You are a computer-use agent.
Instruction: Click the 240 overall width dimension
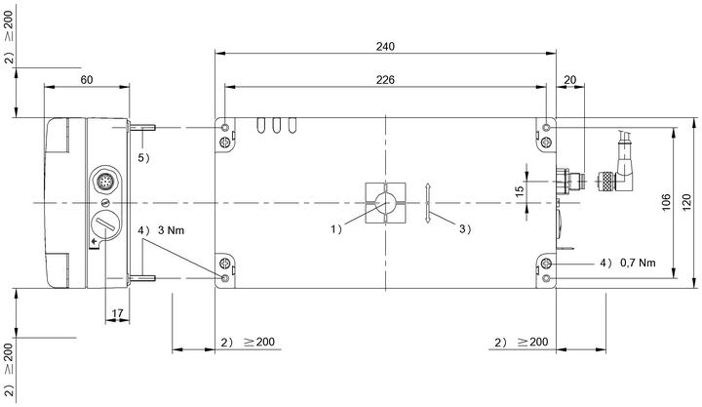coord(385,47)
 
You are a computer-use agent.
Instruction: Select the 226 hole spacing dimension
coord(385,80)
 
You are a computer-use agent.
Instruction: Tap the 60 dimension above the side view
coord(87,80)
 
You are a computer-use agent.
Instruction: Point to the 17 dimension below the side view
coord(117,313)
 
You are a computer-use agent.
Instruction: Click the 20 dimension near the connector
coord(570,80)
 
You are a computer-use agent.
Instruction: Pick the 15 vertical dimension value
coord(520,191)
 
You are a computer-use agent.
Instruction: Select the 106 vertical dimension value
coord(666,202)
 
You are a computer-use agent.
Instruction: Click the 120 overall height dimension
coord(686,202)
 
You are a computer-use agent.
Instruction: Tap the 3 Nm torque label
coord(171,230)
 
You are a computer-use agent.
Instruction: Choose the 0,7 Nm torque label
coord(638,263)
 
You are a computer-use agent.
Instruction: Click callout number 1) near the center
coord(336,229)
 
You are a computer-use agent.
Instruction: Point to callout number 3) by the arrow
coord(465,229)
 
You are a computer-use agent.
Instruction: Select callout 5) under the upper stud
coord(143,158)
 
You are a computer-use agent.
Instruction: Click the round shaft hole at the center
coord(385,203)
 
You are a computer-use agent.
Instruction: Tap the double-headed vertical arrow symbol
coord(428,203)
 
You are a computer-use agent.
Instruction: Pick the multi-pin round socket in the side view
coord(105,182)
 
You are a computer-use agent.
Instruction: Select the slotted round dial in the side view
coord(105,224)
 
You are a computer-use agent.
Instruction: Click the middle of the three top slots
coord(277,125)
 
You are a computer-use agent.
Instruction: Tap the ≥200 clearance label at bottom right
coord(532,342)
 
